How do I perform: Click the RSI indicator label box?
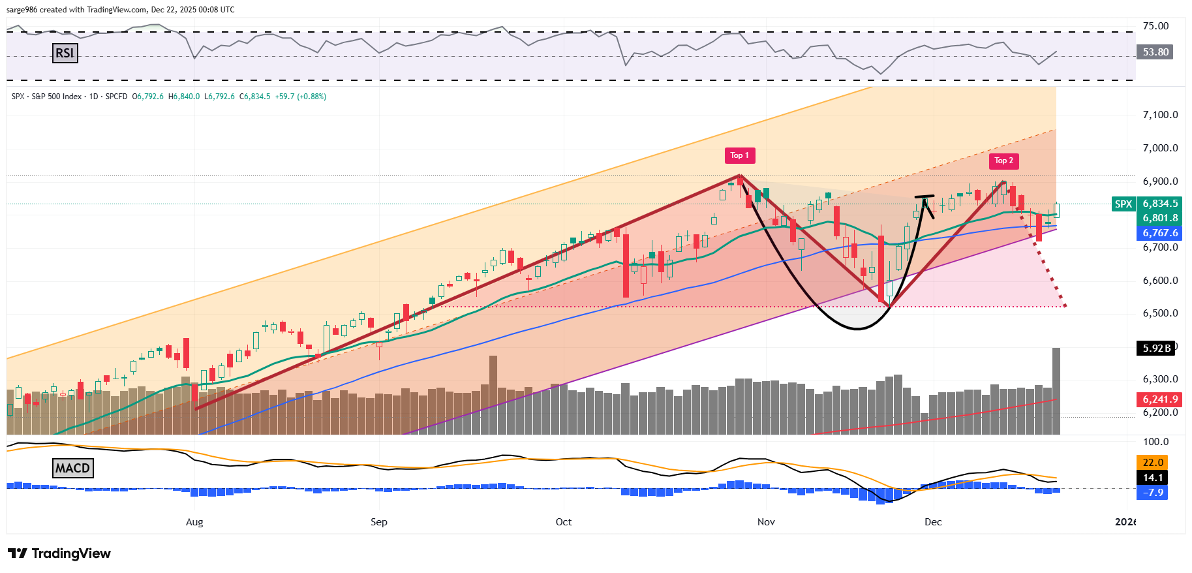point(65,53)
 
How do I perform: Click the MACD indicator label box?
point(72,468)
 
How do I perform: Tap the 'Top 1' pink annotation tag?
point(739,155)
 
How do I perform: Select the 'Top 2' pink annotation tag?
point(1003,161)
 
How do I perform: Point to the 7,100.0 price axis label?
point(1160,115)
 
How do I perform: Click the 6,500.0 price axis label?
point(1160,313)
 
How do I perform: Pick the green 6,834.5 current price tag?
point(1160,204)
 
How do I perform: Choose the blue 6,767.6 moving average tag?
point(1160,233)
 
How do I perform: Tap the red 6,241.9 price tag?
point(1160,399)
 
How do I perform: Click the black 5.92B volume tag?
point(1156,348)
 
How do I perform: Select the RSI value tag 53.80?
point(1155,52)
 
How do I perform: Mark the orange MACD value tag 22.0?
point(1153,463)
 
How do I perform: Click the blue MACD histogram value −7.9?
point(1153,493)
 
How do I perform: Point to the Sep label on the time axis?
point(378,522)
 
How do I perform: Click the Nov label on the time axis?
point(766,522)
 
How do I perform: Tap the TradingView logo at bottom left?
point(59,553)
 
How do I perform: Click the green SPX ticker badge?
point(1123,204)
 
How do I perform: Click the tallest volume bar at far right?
point(1056,392)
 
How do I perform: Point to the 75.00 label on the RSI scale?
point(1155,26)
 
